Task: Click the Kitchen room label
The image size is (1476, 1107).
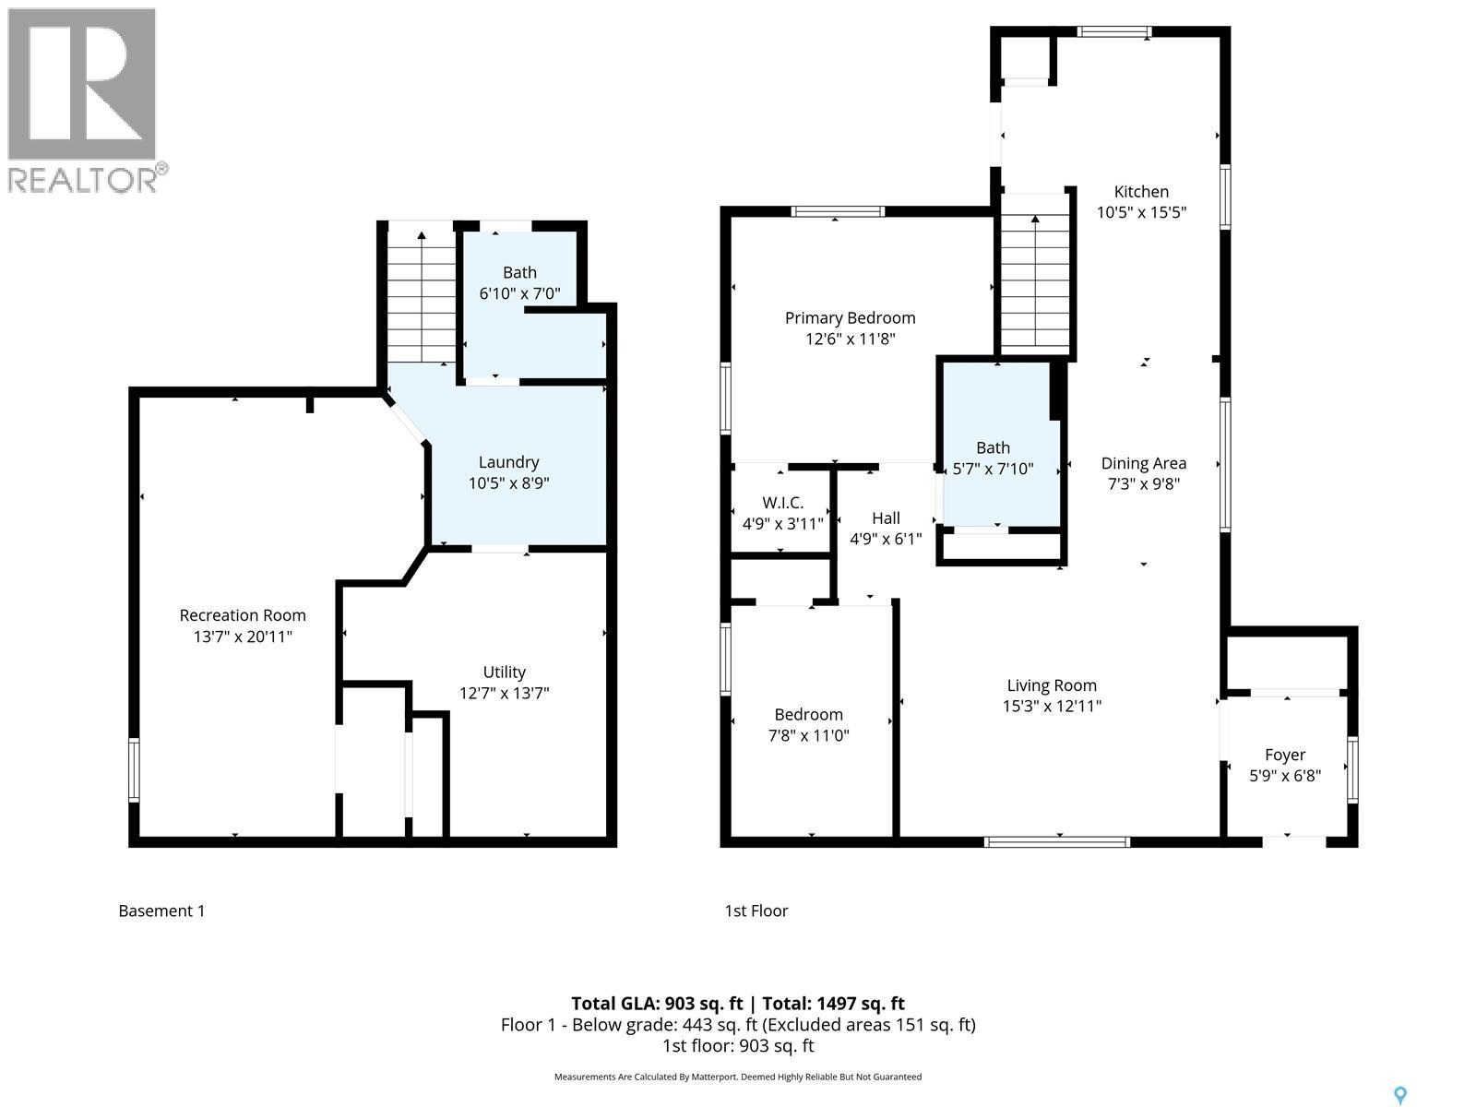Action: (1141, 192)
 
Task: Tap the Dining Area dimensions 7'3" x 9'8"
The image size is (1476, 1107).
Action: (1143, 483)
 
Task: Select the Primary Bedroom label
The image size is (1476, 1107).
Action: (850, 318)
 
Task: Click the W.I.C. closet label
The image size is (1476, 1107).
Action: (782, 503)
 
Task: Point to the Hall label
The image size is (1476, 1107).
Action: (886, 518)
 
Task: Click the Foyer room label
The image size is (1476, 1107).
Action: (1284, 755)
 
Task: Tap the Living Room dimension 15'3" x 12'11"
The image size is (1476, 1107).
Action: (1052, 706)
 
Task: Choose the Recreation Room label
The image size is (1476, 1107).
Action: (243, 615)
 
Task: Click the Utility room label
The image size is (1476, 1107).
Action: (504, 673)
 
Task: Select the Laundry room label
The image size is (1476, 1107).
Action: (508, 462)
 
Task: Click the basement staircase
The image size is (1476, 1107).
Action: (422, 295)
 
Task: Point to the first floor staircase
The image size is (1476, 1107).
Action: (1035, 277)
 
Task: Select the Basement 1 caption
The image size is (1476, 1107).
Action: (161, 911)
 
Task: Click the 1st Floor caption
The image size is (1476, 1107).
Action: (756, 911)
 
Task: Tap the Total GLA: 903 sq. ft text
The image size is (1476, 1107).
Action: (656, 1004)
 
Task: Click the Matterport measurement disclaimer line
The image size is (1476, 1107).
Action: (737, 1077)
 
